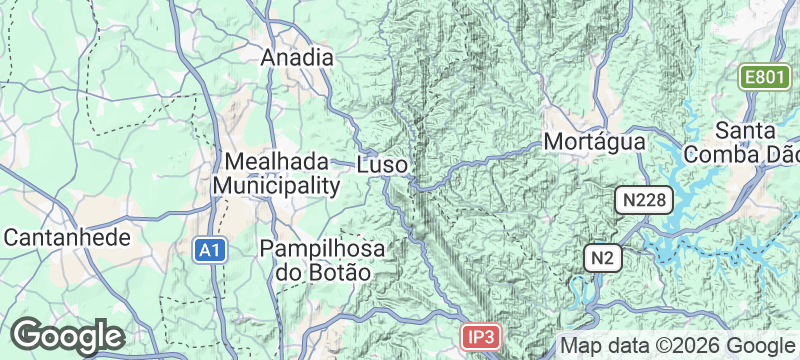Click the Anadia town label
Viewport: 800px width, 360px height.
(x=296, y=58)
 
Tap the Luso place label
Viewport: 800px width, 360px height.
(x=381, y=163)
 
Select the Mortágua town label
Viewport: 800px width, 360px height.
(x=594, y=143)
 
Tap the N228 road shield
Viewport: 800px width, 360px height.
(x=641, y=201)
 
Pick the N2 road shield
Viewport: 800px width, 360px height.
(x=602, y=258)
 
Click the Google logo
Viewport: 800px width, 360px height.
(x=66, y=335)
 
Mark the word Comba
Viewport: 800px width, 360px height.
(x=733, y=155)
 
